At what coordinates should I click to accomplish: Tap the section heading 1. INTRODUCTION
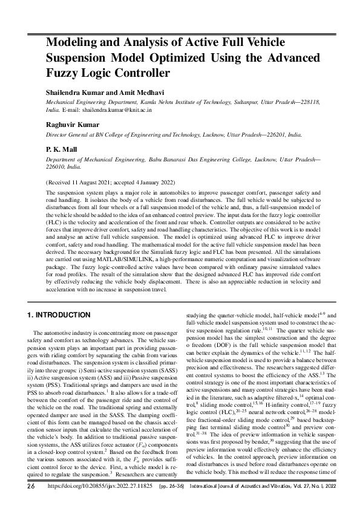[59, 315]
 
